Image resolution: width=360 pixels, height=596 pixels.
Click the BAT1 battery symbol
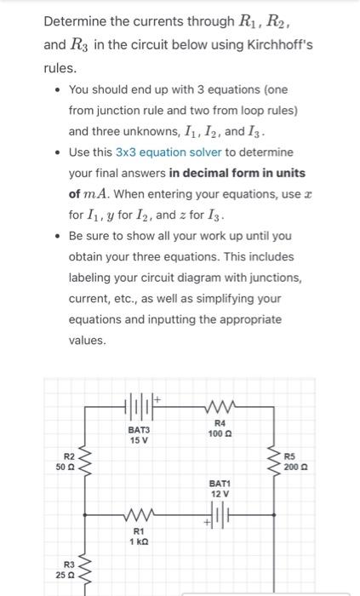(x=220, y=515)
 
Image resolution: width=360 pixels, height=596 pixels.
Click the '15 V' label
(x=139, y=439)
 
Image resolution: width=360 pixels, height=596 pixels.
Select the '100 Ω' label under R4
(x=220, y=435)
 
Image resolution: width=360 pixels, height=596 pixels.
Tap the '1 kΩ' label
(x=137, y=542)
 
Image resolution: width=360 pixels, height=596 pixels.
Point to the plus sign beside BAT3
(x=157, y=395)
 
